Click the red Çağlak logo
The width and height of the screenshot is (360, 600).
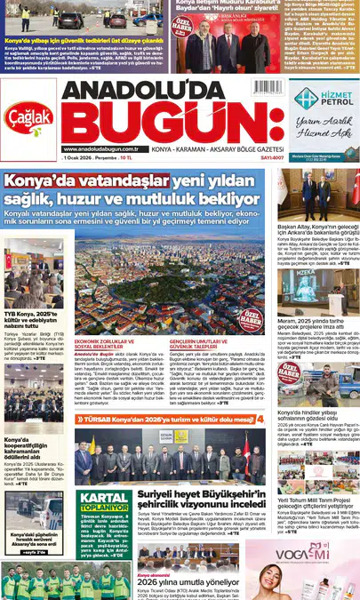(x=29, y=118)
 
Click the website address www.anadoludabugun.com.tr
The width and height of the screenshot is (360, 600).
(x=100, y=149)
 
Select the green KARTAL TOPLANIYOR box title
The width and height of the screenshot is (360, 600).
(x=104, y=500)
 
